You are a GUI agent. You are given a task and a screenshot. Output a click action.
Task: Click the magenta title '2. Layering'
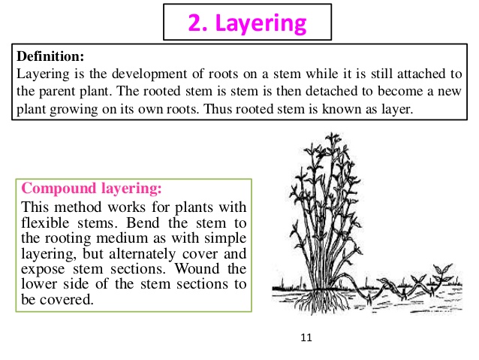pyautogui.click(x=247, y=23)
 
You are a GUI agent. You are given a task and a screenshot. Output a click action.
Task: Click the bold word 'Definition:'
pyautogui.click(x=50, y=56)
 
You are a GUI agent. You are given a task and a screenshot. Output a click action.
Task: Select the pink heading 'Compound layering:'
pyautogui.click(x=92, y=188)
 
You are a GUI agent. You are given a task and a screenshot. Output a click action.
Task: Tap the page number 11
pyautogui.click(x=306, y=337)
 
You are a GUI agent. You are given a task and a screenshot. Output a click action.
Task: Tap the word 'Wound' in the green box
pyautogui.click(x=197, y=268)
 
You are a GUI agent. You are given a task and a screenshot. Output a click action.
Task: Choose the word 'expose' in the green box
pyautogui.click(x=43, y=270)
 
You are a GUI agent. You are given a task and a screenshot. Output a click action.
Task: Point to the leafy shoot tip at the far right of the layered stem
pyautogui.click(x=442, y=273)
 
